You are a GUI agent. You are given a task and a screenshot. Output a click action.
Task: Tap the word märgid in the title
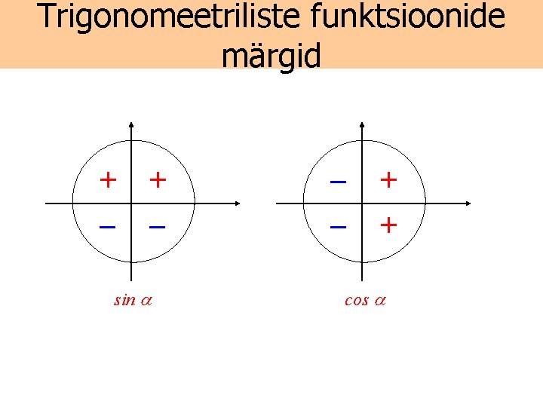click(x=271, y=54)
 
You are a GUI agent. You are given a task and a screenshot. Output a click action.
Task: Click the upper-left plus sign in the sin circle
click(x=109, y=179)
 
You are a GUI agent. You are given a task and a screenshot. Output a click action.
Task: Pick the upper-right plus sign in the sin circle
click(x=157, y=179)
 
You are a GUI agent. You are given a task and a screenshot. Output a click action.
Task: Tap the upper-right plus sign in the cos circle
click(x=388, y=179)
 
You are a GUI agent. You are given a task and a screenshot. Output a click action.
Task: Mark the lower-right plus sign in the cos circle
click(x=388, y=225)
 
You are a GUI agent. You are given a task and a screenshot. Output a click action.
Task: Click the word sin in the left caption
click(x=124, y=300)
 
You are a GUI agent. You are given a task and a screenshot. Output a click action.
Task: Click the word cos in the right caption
click(x=356, y=300)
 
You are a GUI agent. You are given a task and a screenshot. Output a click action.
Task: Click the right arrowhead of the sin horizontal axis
click(x=238, y=203)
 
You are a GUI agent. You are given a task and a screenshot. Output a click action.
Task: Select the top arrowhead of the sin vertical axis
click(x=133, y=124)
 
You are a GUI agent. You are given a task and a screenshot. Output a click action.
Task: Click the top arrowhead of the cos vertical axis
click(x=364, y=124)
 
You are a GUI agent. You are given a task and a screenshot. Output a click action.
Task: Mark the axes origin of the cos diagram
click(x=364, y=203)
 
